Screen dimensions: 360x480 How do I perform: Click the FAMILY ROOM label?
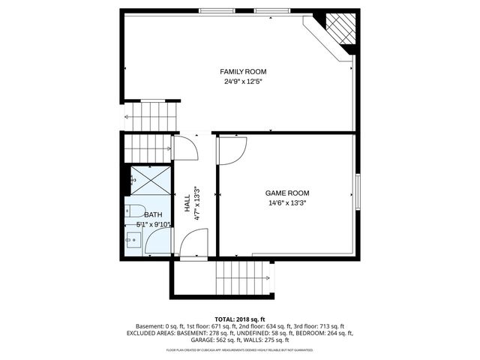coord(238,71)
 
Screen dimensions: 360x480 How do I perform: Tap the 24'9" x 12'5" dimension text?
coord(238,81)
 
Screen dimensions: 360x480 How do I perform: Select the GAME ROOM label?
coord(287,193)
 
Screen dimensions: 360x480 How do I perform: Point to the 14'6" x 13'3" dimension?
coord(287,202)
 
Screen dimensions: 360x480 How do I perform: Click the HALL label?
coord(187,202)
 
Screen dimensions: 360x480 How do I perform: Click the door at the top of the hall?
coord(184,147)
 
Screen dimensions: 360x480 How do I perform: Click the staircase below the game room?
coord(242,279)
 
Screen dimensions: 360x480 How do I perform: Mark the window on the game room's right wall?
coord(358,193)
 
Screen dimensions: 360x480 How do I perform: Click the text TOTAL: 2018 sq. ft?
coord(239,319)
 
